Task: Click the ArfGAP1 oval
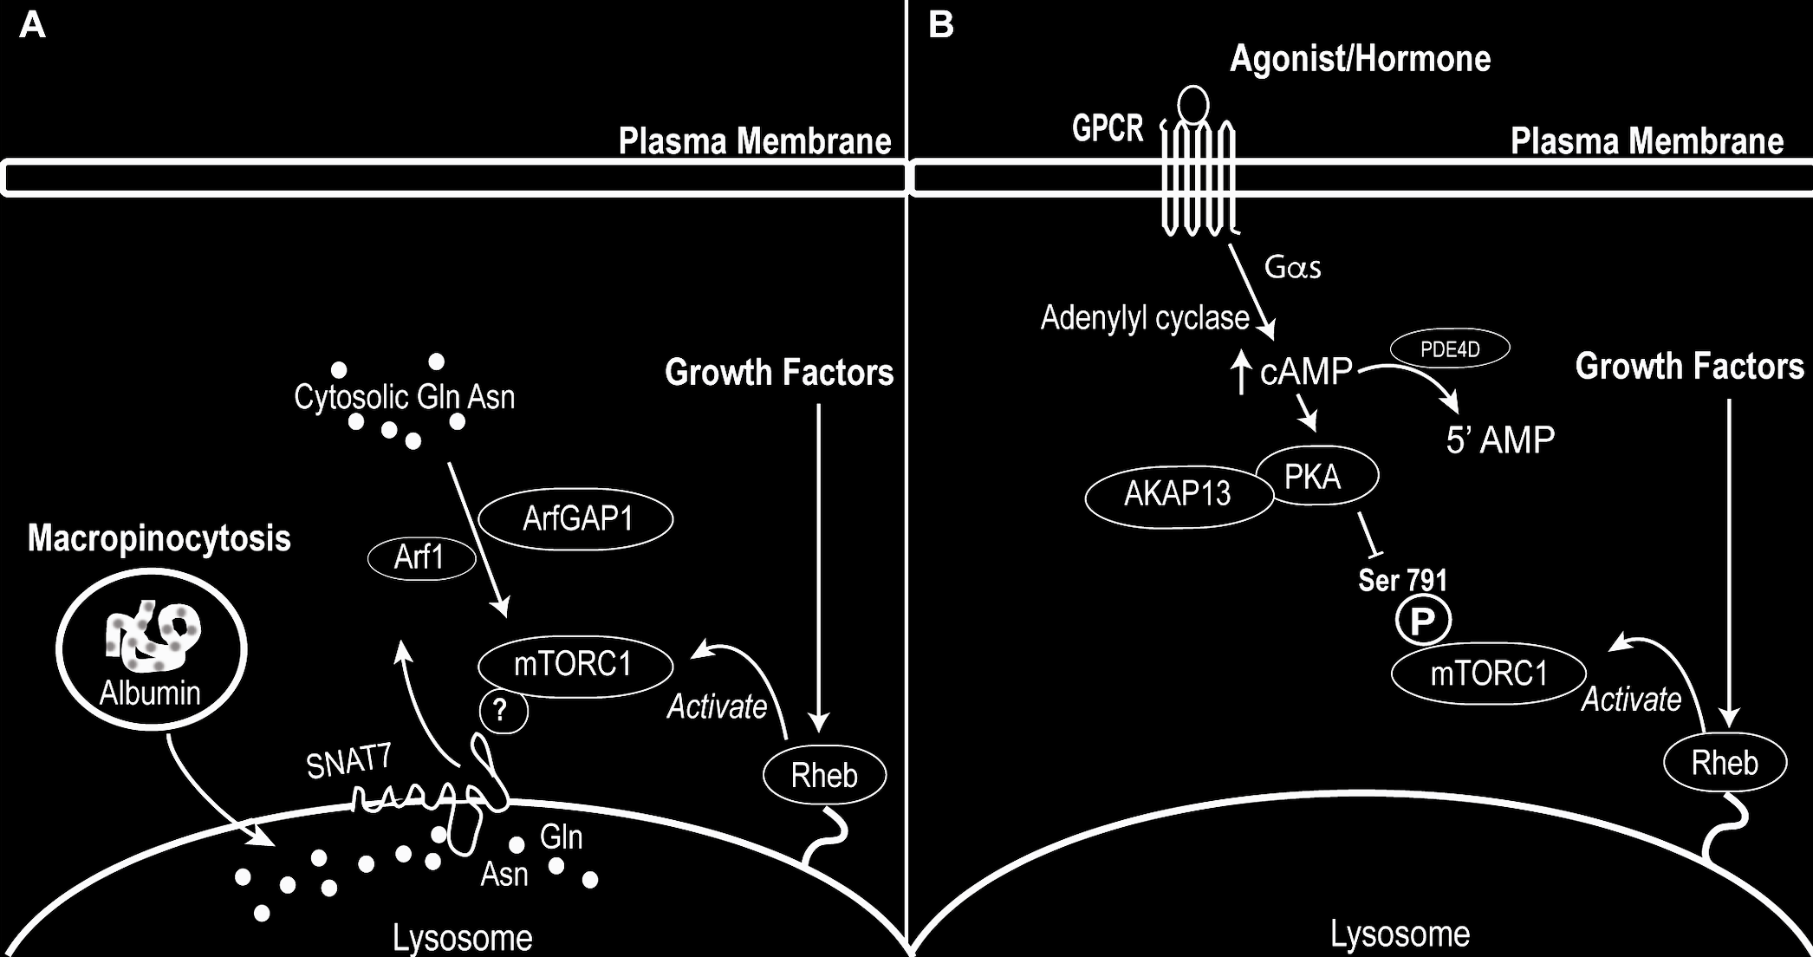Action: [576, 519]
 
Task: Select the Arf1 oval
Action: [421, 557]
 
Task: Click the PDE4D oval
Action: [1450, 349]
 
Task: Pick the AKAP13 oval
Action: [1178, 494]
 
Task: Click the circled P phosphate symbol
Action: [1422, 621]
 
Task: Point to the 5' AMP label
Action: [1500, 440]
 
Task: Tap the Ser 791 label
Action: [1402, 580]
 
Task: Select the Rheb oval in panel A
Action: [824, 774]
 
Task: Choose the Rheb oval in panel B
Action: [1725, 763]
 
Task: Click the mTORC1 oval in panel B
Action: [1488, 674]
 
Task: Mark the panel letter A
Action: [32, 25]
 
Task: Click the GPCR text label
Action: [1108, 129]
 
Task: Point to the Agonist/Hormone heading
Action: [1360, 59]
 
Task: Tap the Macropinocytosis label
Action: [159, 538]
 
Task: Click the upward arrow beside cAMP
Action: [1242, 372]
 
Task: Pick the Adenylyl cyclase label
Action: [1144, 318]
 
